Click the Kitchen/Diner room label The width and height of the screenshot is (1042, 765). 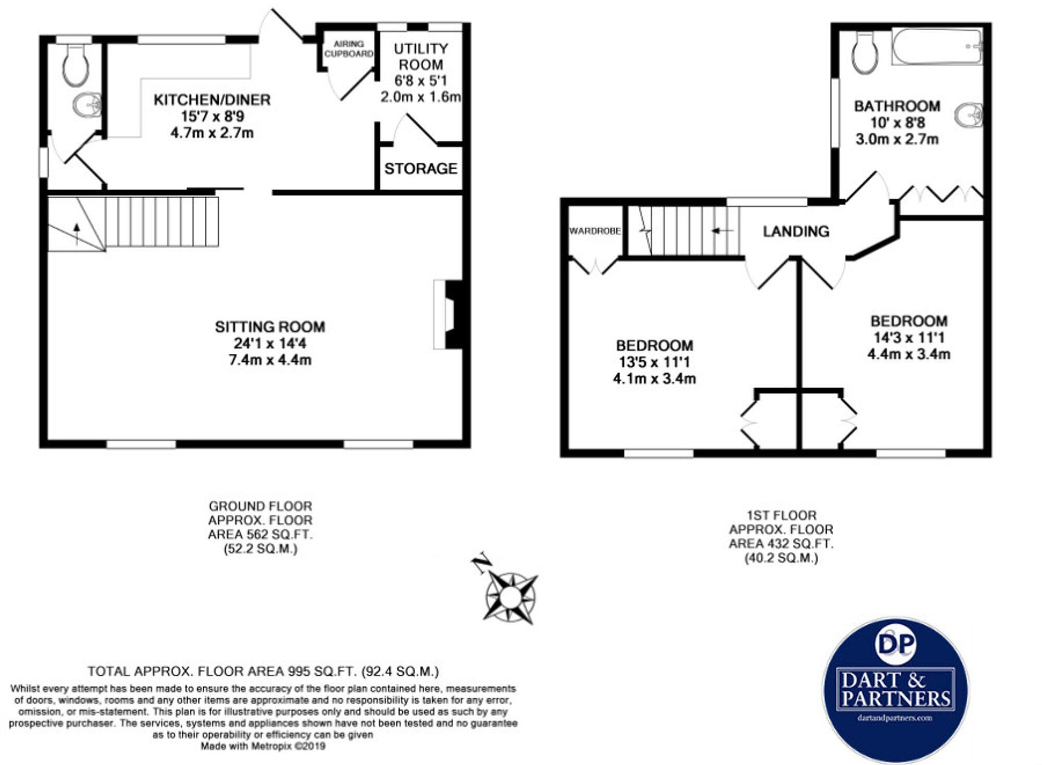(212, 100)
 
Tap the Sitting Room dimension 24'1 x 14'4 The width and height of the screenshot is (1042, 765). (270, 343)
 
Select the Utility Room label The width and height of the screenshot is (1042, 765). (420, 57)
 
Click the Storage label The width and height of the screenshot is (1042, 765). (420, 168)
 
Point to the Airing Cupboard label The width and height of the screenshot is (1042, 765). (349, 49)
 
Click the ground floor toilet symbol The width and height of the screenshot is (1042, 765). (75, 65)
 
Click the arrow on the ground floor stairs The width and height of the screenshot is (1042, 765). (77, 233)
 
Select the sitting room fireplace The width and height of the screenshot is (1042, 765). (448, 314)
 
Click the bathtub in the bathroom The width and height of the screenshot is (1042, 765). (936, 46)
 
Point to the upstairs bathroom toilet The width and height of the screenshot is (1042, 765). (864, 52)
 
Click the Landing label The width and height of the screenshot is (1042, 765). (796, 231)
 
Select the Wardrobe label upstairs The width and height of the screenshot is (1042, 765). (594, 231)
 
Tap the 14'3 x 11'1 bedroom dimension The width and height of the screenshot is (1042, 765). (909, 337)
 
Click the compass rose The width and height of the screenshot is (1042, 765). (511, 597)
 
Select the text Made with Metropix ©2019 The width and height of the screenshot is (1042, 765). (263, 746)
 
